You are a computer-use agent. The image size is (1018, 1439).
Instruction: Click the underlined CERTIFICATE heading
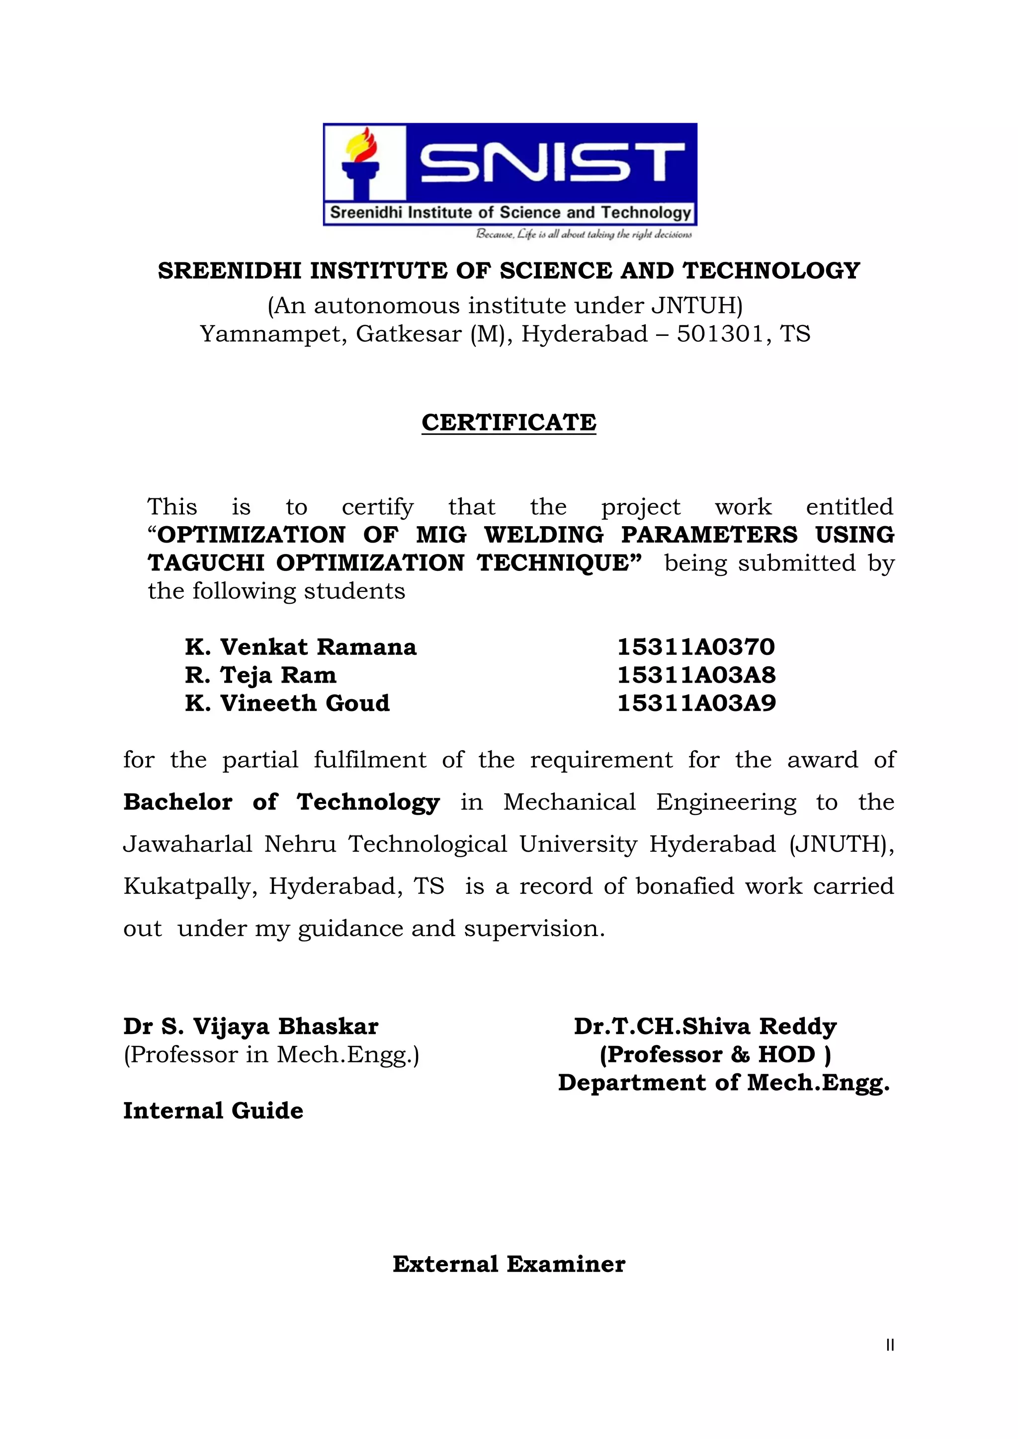(509, 422)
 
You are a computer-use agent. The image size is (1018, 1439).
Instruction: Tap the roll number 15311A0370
(696, 647)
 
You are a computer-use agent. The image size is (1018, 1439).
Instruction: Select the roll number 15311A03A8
(696, 675)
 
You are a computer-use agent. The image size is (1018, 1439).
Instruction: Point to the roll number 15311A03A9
(696, 703)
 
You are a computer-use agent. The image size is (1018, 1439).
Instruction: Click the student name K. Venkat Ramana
(300, 647)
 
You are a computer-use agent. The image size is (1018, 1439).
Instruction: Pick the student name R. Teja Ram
(260, 675)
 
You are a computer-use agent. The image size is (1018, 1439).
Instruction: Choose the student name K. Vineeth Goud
(287, 703)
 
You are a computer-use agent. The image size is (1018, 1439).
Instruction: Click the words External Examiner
(509, 1264)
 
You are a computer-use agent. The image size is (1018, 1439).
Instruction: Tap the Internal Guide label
(213, 1111)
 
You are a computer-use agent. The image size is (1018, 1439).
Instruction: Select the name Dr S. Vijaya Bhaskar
(251, 1027)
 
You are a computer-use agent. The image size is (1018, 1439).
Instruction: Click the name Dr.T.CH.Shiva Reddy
(705, 1027)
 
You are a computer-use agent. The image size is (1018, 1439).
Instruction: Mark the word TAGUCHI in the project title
(206, 563)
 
